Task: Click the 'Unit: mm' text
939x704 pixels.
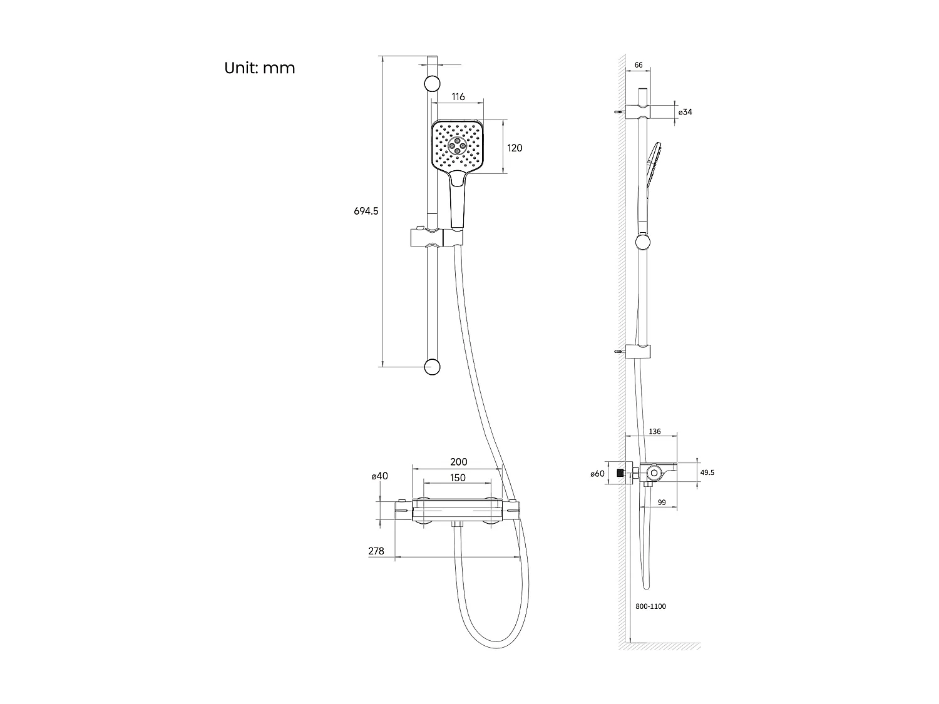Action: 259,68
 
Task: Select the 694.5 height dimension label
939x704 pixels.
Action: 366,212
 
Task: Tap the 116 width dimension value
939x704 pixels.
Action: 458,97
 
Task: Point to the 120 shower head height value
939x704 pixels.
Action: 515,148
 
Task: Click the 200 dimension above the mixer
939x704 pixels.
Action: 458,462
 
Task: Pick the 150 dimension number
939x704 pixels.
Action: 458,478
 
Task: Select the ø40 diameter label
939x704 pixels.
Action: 379,476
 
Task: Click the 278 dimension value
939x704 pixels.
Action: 376,551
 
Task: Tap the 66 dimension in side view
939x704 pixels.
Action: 639,65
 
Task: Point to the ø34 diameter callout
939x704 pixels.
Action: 685,112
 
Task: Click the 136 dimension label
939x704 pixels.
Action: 655,432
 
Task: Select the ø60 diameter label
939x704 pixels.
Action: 597,474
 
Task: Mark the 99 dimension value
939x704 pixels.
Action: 661,502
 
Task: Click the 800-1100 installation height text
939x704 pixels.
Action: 650,606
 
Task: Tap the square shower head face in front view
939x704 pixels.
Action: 458,146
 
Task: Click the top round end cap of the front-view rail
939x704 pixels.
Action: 432,84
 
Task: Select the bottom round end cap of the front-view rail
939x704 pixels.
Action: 432,367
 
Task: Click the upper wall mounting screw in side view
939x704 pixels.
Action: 619,112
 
